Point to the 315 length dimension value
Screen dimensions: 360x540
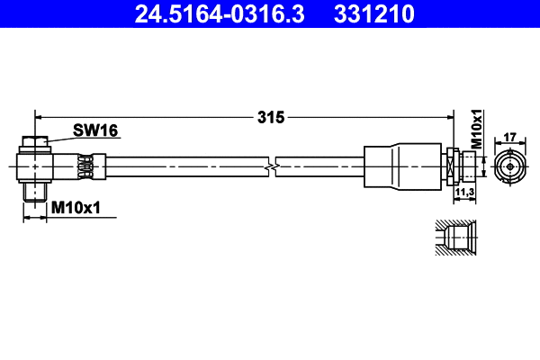click(x=271, y=117)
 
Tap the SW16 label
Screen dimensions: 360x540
click(x=95, y=131)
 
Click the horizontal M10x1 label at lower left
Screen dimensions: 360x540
click(x=76, y=208)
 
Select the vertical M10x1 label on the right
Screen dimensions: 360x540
click(x=478, y=130)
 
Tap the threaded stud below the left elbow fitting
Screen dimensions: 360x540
click(x=34, y=192)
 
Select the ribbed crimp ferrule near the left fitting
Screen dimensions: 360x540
click(x=85, y=166)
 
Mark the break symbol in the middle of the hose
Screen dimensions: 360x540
click(x=271, y=166)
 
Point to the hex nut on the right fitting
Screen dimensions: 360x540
click(x=452, y=166)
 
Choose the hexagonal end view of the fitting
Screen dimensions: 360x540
click(x=508, y=166)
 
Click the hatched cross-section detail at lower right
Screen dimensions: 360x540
click(x=457, y=238)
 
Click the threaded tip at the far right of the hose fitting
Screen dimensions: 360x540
click(x=470, y=166)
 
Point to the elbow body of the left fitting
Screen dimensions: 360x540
click(x=40, y=166)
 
